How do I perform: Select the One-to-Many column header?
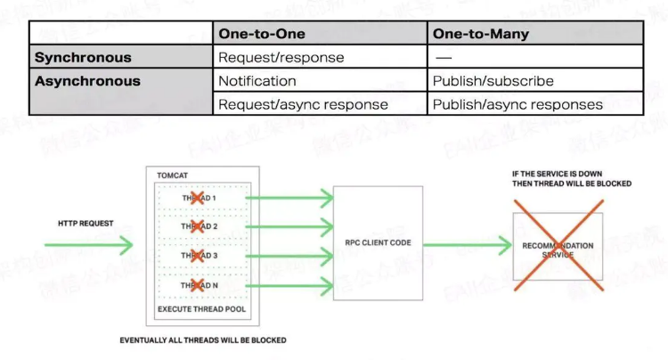[x=481, y=34]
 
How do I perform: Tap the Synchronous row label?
[x=83, y=57]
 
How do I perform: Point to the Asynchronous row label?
[x=87, y=81]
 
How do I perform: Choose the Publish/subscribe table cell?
[x=493, y=81]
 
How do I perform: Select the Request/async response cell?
[x=303, y=104]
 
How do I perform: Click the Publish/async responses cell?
[x=517, y=104]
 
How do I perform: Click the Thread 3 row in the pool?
[x=200, y=257]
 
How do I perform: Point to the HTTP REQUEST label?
[x=86, y=223]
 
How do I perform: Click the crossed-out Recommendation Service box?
[x=558, y=249]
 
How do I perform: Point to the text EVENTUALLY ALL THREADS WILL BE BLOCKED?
[x=203, y=340]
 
